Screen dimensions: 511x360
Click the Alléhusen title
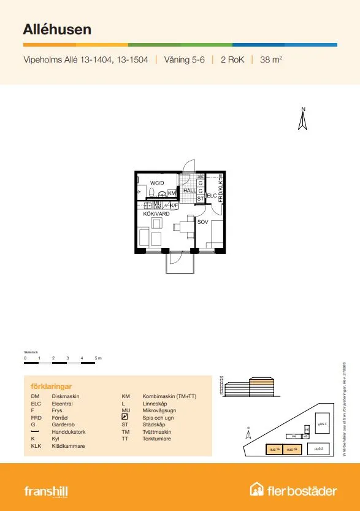[x=58, y=29]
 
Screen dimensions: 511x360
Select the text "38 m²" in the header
[x=271, y=60]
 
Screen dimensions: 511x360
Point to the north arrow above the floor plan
[x=302, y=120]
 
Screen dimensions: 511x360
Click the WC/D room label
[x=157, y=183]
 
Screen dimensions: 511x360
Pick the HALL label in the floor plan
[x=190, y=191]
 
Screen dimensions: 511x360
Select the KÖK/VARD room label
[x=156, y=213]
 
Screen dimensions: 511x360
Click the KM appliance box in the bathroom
[x=172, y=193]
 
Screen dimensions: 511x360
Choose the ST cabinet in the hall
[x=201, y=198]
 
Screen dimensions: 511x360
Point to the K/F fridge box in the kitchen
[x=174, y=206]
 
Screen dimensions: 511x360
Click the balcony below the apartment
[x=180, y=263]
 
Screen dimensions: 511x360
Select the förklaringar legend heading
[x=52, y=386]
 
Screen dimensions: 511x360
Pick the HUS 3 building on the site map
[x=320, y=423]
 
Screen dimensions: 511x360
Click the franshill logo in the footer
[x=46, y=491]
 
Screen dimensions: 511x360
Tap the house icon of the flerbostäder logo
[x=257, y=490]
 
